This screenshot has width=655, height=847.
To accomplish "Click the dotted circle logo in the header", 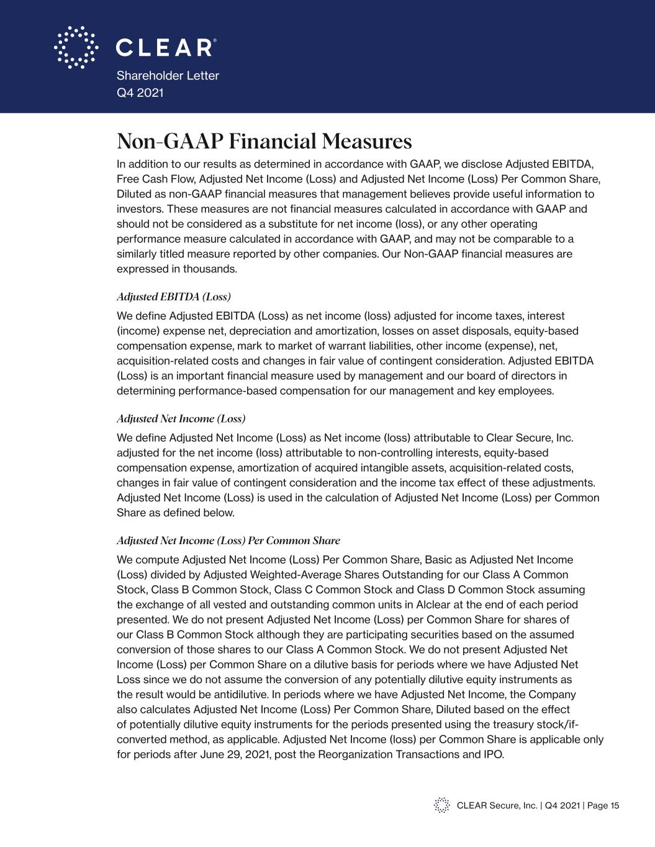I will [x=76, y=47].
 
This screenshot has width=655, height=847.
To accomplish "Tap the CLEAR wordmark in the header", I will [x=166, y=48].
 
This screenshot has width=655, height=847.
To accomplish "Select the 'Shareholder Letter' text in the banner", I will [x=168, y=76].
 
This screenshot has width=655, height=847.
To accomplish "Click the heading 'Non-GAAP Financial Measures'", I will [x=264, y=141].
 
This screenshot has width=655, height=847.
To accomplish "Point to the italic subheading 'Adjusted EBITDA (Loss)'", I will [x=174, y=296].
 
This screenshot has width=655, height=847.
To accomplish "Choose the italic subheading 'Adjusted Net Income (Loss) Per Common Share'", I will [x=228, y=540].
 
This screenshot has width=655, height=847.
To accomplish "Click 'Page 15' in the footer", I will [x=603, y=805].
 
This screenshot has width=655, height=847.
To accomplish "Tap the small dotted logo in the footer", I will [x=441, y=805].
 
